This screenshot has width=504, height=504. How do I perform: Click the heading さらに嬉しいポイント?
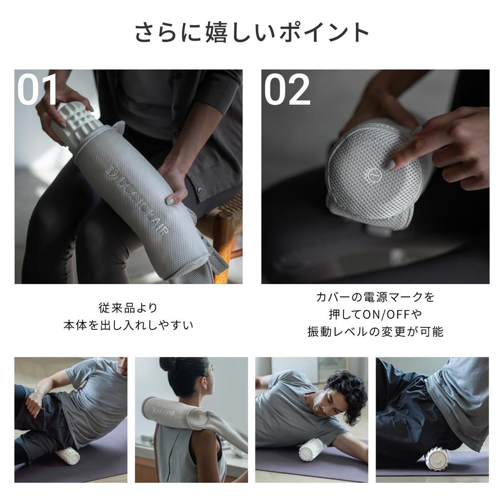pyautogui.click(x=252, y=32)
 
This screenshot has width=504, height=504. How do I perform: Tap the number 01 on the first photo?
pyautogui.click(x=37, y=89)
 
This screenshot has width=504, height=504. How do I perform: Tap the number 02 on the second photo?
pyautogui.click(x=287, y=90)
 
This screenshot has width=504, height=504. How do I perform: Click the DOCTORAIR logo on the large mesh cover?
pyautogui.click(x=137, y=200)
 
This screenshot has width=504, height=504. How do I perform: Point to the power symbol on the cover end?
pyautogui.click(x=375, y=175)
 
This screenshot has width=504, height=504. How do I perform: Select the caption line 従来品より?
pyautogui.click(x=128, y=308)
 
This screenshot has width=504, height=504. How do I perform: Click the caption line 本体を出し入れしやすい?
pyautogui.click(x=128, y=325)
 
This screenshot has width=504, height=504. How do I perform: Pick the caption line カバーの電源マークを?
pyautogui.click(x=375, y=297)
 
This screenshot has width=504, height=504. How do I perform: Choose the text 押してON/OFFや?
pyautogui.click(x=375, y=314)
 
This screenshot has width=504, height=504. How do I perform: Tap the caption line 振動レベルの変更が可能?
pyautogui.click(x=375, y=331)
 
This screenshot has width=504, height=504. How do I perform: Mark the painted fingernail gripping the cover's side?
pyautogui.click(x=170, y=201)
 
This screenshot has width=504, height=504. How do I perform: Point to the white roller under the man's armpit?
pyautogui.click(x=312, y=449)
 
